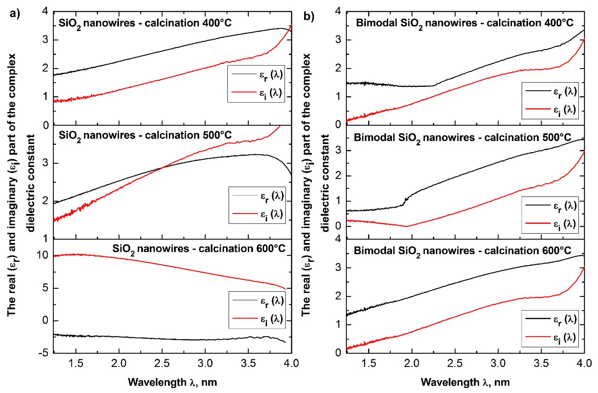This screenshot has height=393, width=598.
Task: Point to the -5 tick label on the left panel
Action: (43, 353)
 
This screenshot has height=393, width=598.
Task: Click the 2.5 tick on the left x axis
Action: (162, 363)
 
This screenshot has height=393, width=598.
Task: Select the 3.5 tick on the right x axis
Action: (541, 363)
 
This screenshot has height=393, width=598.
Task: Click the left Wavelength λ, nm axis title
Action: (172, 382)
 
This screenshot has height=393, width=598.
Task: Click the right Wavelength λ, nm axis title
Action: (465, 382)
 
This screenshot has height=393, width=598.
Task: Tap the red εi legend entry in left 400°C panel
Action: (256, 93)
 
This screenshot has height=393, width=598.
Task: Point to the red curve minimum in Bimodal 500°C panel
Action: (406, 226)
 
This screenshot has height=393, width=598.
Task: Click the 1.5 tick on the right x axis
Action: (369, 363)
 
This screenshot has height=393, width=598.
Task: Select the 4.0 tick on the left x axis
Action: (292, 363)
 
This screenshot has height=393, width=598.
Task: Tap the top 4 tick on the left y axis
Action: (45, 11)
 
